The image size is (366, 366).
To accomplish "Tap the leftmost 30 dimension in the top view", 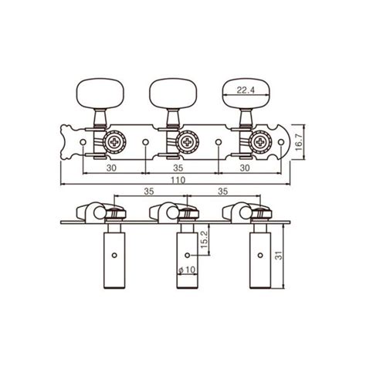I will point(111,165).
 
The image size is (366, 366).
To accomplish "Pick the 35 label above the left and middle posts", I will point(147,191).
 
